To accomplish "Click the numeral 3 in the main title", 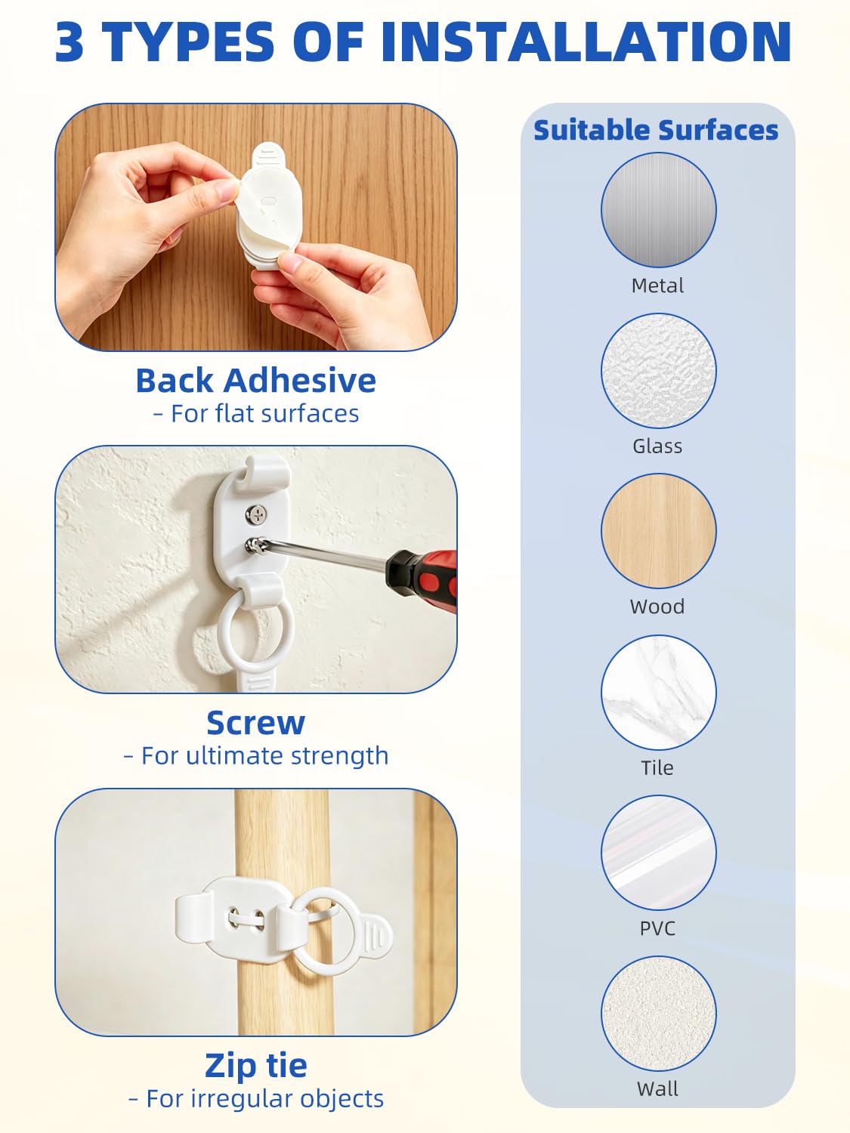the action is [70, 42].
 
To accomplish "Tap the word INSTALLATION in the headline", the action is [586, 42].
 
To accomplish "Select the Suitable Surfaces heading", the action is [656, 130].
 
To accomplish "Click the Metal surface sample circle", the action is [659, 209].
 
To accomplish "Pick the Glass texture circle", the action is [659, 371].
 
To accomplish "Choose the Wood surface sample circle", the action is [659, 531].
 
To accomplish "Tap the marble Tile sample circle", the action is [659, 692].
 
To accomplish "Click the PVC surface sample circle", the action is [659, 852].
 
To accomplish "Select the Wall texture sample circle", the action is [659, 1013].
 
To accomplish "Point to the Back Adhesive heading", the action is [256, 381].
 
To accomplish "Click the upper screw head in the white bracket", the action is [255, 514].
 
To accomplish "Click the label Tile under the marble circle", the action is [657, 767].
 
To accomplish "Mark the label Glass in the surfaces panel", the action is [657, 446].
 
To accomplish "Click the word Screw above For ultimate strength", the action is [256, 723].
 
